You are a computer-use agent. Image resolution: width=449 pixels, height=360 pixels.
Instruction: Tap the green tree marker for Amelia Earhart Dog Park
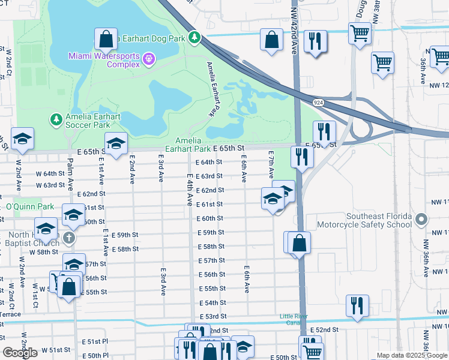[x=194, y=38]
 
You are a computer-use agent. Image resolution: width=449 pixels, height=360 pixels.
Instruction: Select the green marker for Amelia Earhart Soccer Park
[x=56, y=119]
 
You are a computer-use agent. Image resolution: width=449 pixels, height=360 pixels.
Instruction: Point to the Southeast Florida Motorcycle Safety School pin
[x=421, y=219]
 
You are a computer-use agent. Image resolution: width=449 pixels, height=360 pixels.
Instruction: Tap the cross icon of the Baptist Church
[x=70, y=238]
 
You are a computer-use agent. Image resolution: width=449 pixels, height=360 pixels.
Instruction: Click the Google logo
[x=20, y=353]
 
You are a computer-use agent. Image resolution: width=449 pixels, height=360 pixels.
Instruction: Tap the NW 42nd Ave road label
[x=294, y=39]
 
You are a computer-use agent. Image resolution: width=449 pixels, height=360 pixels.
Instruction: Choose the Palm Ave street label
[x=70, y=172]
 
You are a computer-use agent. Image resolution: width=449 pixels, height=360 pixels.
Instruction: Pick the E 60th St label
[x=212, y=218]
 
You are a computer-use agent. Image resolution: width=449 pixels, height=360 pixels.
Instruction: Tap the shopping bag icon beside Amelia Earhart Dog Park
[x=106, y=39]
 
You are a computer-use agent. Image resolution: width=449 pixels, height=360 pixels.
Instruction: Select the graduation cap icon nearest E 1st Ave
[x=116, y=143]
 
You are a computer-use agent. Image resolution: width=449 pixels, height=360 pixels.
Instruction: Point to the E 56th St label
[x=212, y=274]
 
